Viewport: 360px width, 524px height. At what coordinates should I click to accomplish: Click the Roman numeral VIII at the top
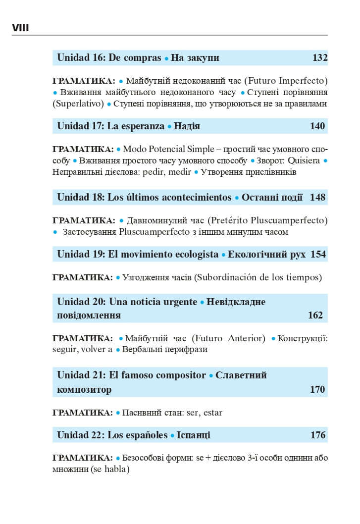[20, 28]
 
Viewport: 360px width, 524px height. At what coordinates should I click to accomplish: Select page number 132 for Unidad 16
[320, 58]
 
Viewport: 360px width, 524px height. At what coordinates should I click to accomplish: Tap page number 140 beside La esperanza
[317, 126]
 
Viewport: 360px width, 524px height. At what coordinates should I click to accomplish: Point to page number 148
[317, 197]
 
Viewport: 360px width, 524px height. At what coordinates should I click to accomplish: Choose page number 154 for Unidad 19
[318, 255]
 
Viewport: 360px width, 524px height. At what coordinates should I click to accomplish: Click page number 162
[315, 315]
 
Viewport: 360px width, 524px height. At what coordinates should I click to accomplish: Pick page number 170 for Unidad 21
[317, 389]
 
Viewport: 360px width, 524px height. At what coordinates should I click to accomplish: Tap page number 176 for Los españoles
[317, 435]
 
